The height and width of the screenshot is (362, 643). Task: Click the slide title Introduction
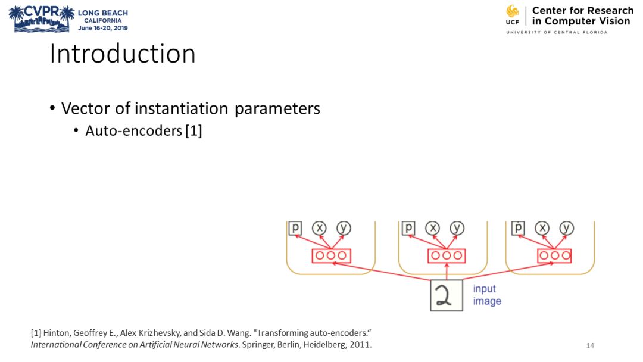(122, 54)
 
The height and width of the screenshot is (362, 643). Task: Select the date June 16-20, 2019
(102, 27)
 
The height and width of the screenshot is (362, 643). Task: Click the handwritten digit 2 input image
(447, 295)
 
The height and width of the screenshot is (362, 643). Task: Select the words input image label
(486, 295)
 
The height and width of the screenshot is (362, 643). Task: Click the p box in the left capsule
(295, 228)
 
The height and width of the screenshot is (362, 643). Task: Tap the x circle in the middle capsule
(433, 228)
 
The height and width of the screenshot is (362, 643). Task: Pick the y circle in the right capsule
(567, 228)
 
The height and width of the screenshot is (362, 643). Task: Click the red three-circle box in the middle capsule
(447, 255)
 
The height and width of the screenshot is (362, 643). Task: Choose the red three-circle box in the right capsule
(554, 255)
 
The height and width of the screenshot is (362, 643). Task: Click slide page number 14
(590, 346)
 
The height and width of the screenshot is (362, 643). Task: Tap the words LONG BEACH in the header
(102, 13)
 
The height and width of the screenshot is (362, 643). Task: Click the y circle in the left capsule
(344, 228)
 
